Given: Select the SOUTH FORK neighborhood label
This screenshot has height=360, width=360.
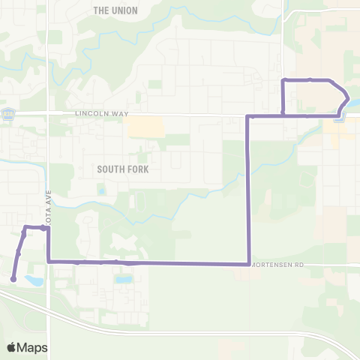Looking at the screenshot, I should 123,169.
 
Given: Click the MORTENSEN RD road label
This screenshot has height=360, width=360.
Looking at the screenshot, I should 277,265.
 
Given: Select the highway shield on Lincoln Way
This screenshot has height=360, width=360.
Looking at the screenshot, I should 8,114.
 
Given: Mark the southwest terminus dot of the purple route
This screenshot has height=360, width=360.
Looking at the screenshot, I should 13,279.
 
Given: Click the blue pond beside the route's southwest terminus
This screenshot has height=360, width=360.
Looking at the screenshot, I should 33,280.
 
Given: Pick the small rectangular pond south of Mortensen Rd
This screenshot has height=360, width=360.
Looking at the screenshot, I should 124,279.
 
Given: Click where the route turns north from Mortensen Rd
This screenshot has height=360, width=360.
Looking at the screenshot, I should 248,263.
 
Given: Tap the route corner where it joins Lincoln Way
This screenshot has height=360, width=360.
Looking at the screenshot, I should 248,116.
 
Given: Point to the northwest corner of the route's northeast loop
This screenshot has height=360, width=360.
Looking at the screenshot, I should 283,79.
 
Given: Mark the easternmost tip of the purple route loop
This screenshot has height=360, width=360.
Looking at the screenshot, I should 348,97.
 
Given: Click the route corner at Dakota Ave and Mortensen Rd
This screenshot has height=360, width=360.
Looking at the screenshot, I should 49,261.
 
